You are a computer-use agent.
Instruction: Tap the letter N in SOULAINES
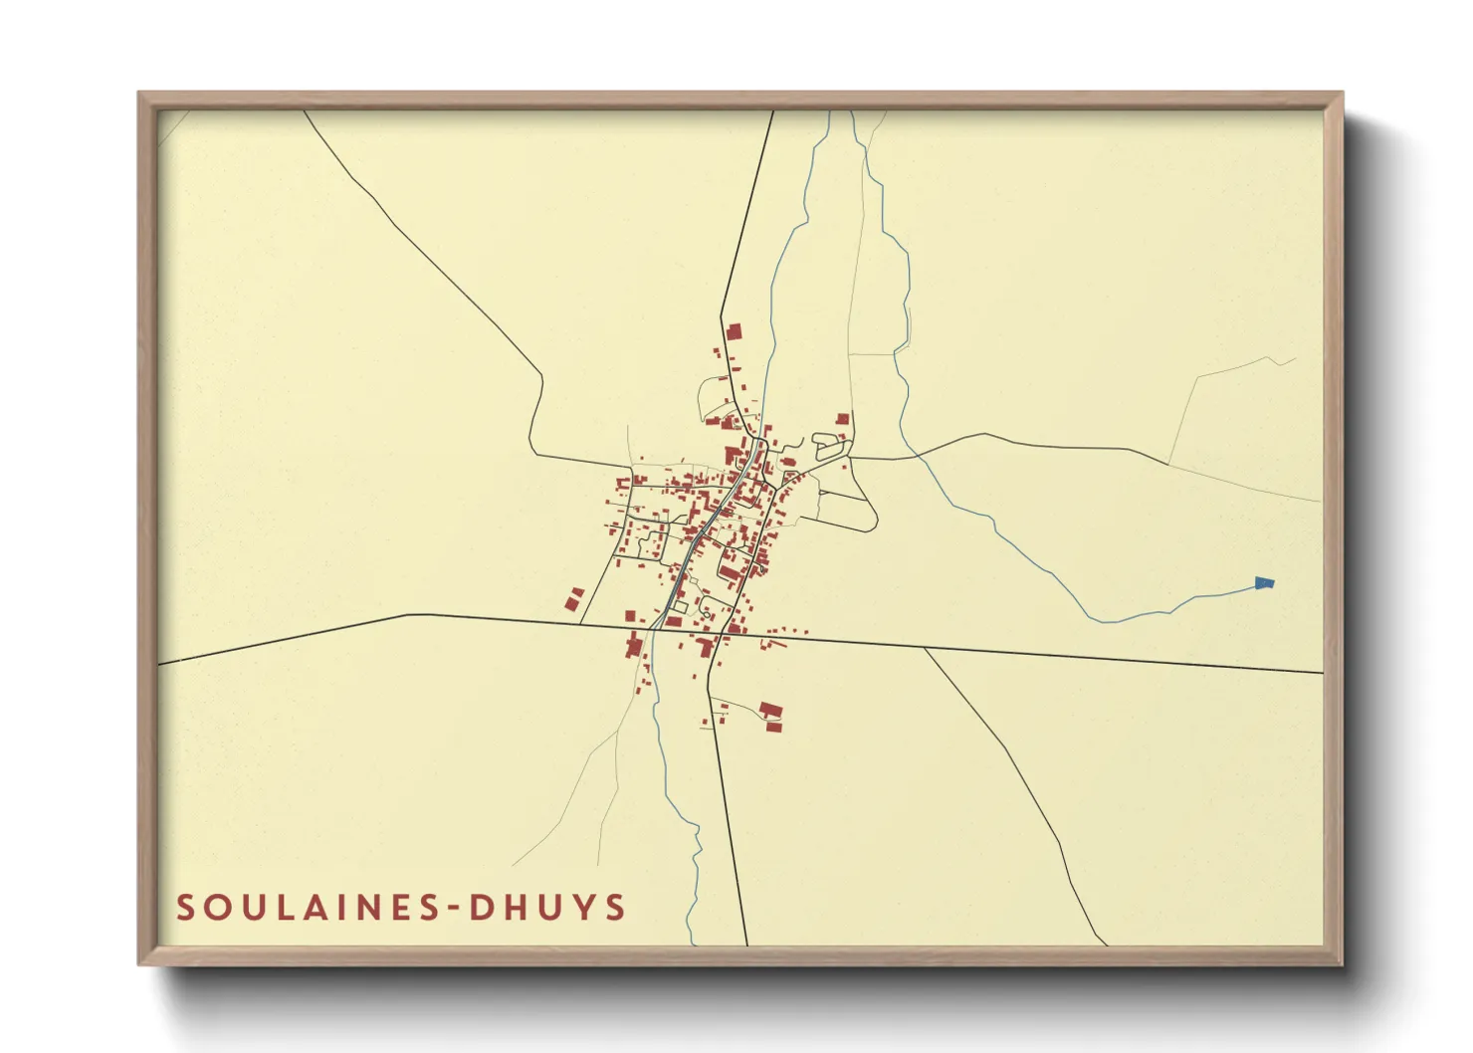[361, 908]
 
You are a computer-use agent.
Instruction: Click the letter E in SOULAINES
[392, 908]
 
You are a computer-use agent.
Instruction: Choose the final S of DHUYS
[616, 908]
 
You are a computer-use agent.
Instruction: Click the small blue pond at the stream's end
[1265, 583]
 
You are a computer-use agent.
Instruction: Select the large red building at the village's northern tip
[735, 331]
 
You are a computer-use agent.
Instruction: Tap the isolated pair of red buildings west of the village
[573, 599]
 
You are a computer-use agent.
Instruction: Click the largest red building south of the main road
[771, 711]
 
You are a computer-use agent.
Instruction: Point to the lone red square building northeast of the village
[843, 420]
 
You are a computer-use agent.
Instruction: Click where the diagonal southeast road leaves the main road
[925, 648]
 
